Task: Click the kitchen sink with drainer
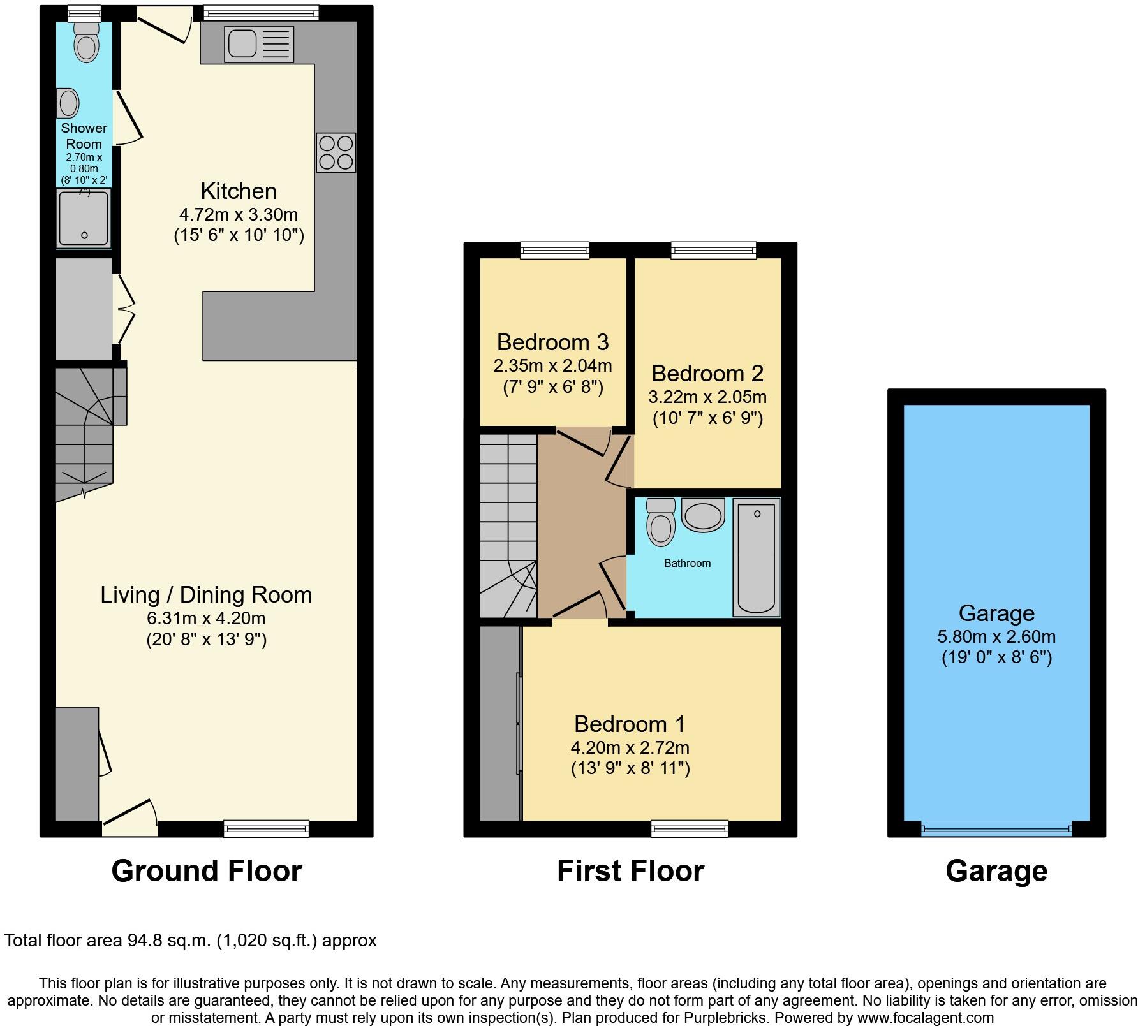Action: pos(259,44)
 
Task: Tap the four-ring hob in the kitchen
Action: pos(336,152)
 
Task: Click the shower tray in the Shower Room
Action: pos(84,218)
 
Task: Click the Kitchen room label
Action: pos(239,191)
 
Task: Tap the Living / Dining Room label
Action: pos(206,595)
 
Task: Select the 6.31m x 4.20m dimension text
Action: pos(206,618)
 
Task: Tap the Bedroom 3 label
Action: pos(552,342)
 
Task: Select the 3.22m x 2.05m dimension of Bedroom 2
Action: pos(707,397)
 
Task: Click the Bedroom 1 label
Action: pos(630,724)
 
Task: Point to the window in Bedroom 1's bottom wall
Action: pos(689,828)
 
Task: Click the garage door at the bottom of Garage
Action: pos(996,830)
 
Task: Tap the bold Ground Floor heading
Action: pos(206,871)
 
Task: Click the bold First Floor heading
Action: pos(630,871)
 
